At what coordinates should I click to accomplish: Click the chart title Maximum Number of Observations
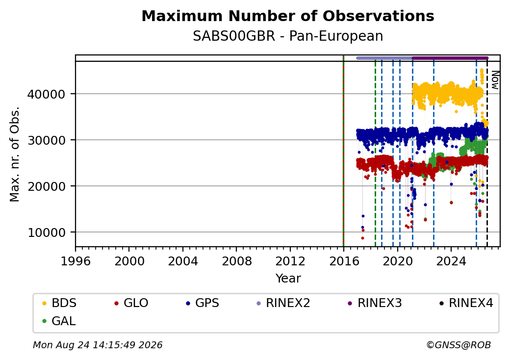coord(288,16)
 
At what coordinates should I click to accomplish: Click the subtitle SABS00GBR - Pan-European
coord(288,36)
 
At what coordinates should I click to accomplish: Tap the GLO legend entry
coord(131,303)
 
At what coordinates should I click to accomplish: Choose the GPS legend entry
coord(203,303)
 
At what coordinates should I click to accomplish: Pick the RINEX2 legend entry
coord(283,303)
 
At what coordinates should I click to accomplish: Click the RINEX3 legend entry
coord(375,303)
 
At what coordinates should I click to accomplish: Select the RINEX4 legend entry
coord(466,303)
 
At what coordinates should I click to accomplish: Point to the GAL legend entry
coord(59,321)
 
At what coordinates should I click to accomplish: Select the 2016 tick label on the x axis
coord(344,261)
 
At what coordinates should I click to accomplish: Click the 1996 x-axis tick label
coord(76,261)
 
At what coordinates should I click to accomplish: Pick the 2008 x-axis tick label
coord(236,261)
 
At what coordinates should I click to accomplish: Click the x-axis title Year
coord(288,279)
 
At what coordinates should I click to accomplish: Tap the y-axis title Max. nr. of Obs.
coord(15,154)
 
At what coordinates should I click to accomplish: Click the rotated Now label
coord(495,80)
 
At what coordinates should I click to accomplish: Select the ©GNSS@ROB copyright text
coord(459,345)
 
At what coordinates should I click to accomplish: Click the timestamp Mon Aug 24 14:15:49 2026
coord(98,345)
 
